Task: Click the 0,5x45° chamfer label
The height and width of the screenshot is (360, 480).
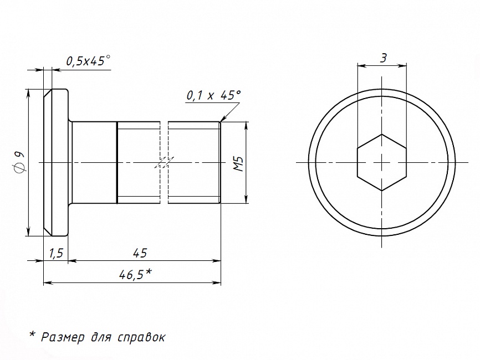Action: pyautogui.click(x=88, y=60)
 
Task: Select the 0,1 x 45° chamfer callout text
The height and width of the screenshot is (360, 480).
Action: pyautogui.click(x=213, y=95)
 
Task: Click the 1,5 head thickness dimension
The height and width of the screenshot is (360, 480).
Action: pyautogui.click(x=56, y=253)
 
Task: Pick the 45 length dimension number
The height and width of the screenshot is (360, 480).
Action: pyautogui.click(x=140, y=253)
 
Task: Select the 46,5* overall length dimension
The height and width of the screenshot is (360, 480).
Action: pyautogui.click(x=135, y=274)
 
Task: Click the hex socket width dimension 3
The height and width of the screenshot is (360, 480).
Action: pyautogui.click(x=383, y=58)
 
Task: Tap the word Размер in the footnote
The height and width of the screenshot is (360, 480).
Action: pyautogui.click(x=63, y=337)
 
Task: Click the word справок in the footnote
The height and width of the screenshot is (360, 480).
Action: pyautogui.click(x=141, y=337)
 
